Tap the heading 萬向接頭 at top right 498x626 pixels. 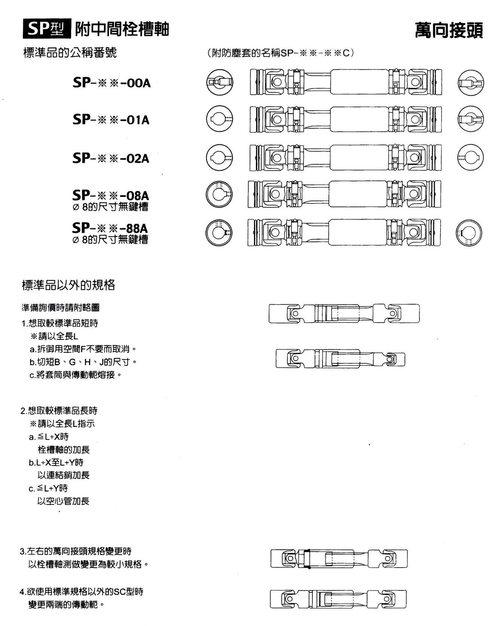(x=449, y=30)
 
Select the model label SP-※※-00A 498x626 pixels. (x=111, y=83)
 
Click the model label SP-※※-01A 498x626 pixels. (x=111, y=120)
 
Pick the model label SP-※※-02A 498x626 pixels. (x=111, y=158)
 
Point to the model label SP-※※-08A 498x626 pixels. (x=111, y=195)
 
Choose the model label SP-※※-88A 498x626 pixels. (x=110, y=228)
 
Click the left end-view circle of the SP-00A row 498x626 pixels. (x=220, y=82)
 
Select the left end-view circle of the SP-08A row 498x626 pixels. (x=219, y=194)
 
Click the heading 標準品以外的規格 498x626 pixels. (x=69, y=285)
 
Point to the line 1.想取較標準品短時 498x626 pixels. (x=60, y=323)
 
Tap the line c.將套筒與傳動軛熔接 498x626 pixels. (x=76, y=375)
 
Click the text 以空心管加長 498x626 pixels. (x=64, y=501)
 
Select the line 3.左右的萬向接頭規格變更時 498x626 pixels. (x=76, y=551)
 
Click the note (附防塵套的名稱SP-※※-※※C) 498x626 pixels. (x=280, y=53)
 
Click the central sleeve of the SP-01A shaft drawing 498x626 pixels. (x=359, y=119)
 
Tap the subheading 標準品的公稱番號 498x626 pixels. (x=70, y=52)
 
